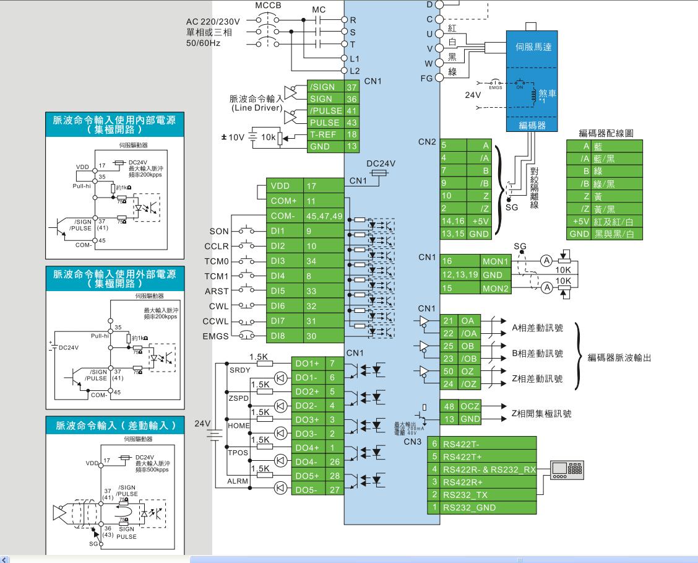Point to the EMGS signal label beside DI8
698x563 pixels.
point(215,336)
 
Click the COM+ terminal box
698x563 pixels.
point(284,201)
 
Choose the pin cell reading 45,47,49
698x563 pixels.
point(324,216)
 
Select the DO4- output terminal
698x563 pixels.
point(308,461)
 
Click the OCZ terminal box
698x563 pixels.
point(470,406)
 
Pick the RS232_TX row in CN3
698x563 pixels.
point(488,495)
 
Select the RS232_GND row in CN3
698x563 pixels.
point(488,508)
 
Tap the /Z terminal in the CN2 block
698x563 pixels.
point(486,208)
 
